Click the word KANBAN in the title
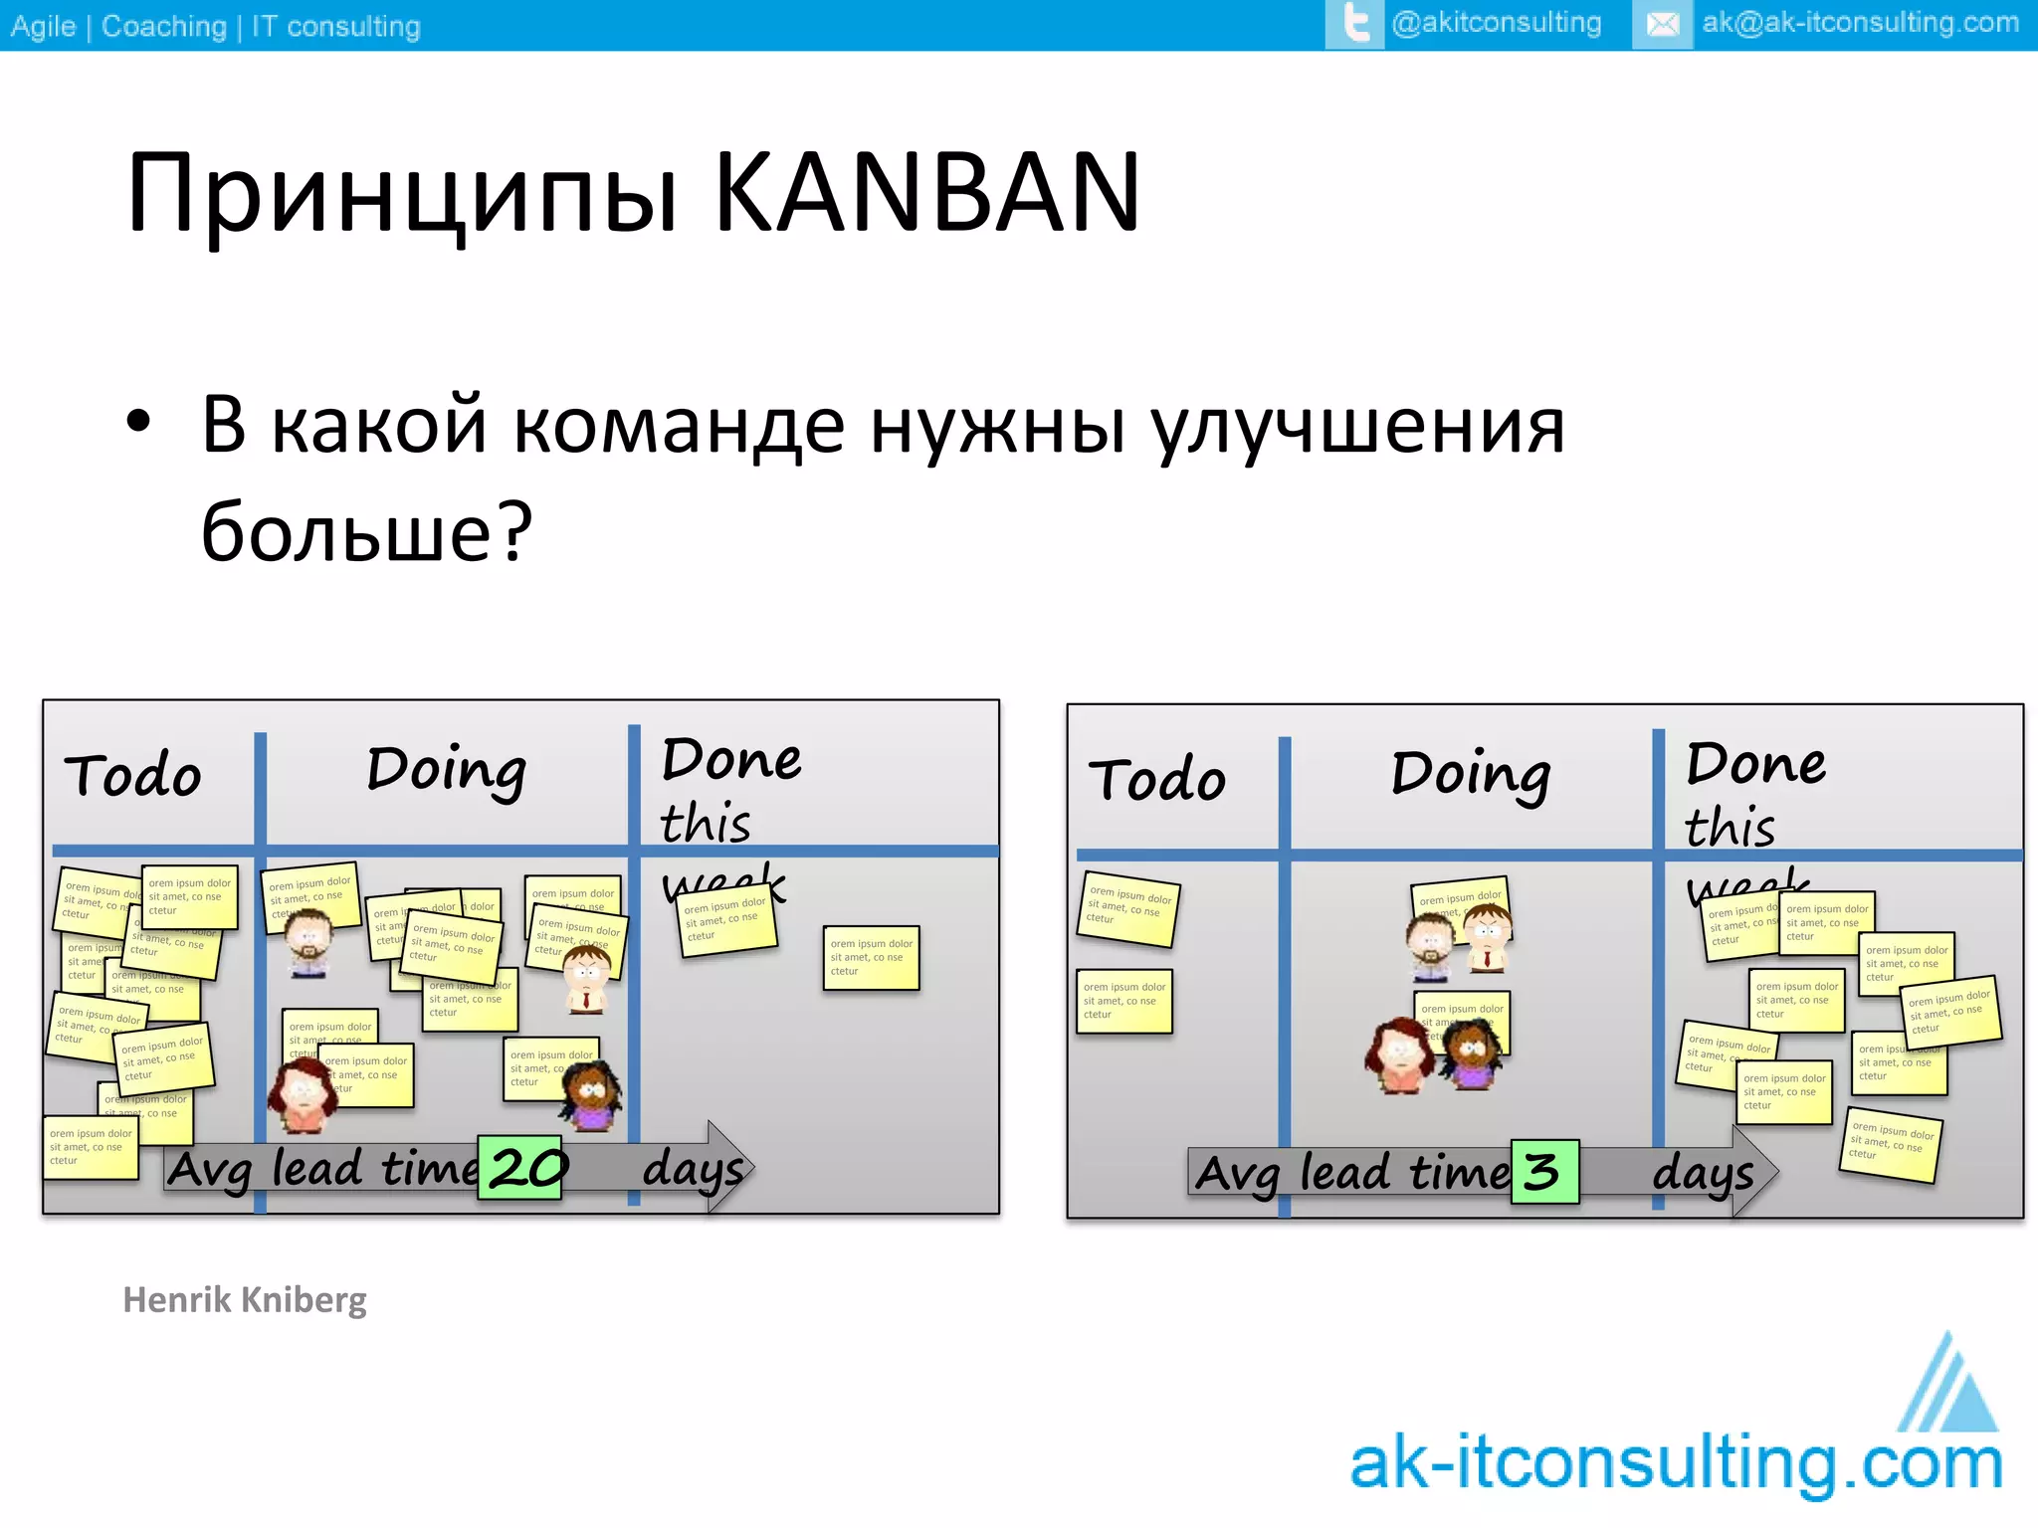click(926, 193)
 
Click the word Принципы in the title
click(402, 195)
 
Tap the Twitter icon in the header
click(1354, 24)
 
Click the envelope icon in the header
click(1662, 24)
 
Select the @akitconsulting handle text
click(1496, 23)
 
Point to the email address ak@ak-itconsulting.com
click(1860, 23)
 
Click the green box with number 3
click(1544, 1172)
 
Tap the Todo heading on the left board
click(132, 776)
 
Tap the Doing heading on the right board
click(1470, 774)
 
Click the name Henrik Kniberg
click(245, 1299)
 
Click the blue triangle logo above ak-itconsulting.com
click(1948, 1386)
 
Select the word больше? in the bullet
click(367, 531)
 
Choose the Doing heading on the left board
click(446, 770)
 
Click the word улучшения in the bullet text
click(1357, 426)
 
